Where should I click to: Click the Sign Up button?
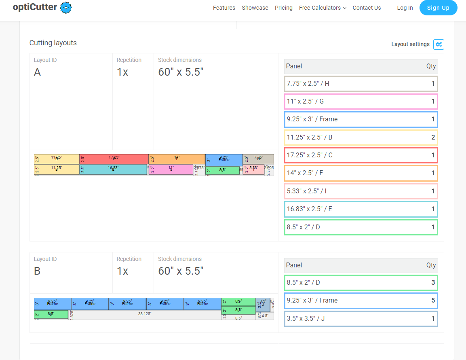coord(438,8)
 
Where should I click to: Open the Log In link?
coord(405,8)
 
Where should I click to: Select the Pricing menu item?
coord(283,8)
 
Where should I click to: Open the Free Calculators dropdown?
coord(323,8)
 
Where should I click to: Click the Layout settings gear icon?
coord(439,44)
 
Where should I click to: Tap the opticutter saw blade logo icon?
coord(66,8)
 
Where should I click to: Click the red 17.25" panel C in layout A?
coord(114,159)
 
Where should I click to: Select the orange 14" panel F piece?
coord(177,159)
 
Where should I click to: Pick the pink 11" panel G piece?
coord(171,169)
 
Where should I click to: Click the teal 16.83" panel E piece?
coord(113,169)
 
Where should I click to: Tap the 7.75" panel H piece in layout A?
coord(258,159)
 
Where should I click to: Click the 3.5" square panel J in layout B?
coord(263,305)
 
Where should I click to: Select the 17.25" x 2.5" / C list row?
coord(361,155)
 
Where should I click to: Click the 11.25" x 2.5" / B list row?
coord(361,137)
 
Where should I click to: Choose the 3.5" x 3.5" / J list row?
coord(361,318)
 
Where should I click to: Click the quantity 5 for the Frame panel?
coord(433,301)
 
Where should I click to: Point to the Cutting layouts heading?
coord(53,43)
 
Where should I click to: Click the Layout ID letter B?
coord(37,271)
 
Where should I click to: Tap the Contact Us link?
coord(367,8)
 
